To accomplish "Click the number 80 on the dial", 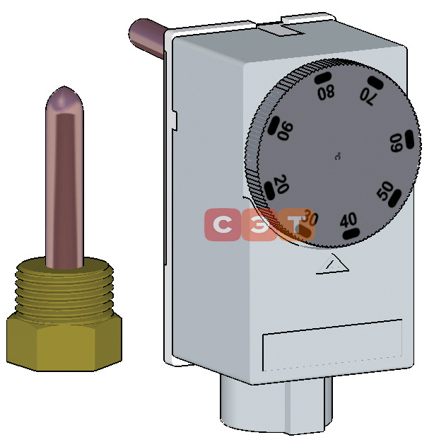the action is tap(326, 93).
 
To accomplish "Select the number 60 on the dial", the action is tap(397, 143).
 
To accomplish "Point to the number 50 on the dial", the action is tap(385, 190).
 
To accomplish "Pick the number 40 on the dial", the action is tap(348, 221).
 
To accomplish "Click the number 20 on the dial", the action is tap(281, 184).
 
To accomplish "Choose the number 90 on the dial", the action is tap(286, 131).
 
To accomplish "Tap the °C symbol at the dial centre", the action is tap(338, 156).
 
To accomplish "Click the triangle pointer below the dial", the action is tap(332, 264).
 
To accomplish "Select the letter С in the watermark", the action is tap(222, 224).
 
